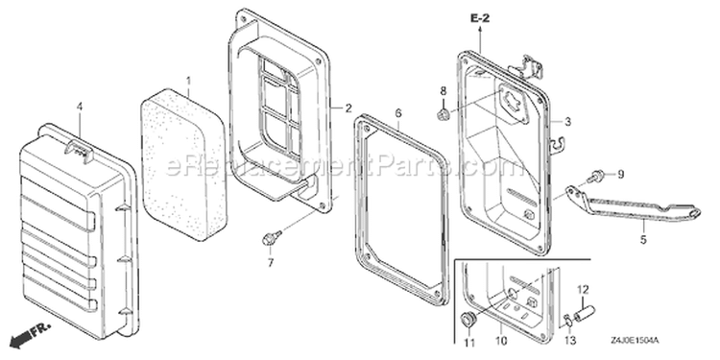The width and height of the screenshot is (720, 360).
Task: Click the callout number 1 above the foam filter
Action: [188, 83]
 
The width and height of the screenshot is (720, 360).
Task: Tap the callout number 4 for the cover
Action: [80, 107]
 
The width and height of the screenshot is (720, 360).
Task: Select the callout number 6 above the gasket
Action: [398, 112]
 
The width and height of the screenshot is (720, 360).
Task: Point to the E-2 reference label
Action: [480, 18]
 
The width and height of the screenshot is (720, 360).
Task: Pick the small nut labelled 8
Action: [443, 113]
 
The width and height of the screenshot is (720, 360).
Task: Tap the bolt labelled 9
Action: [595, 176]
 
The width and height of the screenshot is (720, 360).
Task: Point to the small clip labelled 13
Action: [567, 321]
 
